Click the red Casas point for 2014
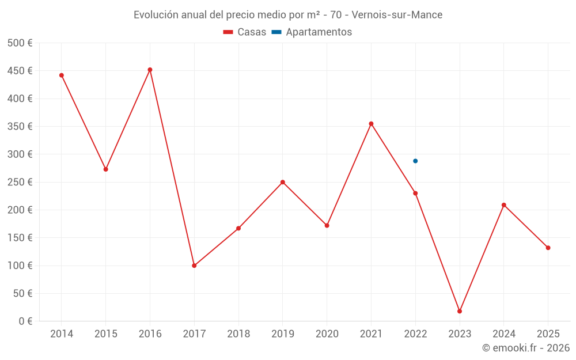tap(62, 75)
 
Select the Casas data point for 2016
tap(150, 70)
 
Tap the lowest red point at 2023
tap(460, 311)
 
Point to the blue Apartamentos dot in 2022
tap(415, 161)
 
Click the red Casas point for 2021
tap(371, 124)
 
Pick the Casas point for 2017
tap(194, 266)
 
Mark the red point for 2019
tap(283, 182)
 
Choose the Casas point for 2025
tap(548, 248)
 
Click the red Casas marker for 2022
tap(415, 193)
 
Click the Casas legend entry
tap(245, 32)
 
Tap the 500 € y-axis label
tap(20, 43)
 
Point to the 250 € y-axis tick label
tap(20, 182)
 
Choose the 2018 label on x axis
tap(238, 334)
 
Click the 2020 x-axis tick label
tap(327, 334)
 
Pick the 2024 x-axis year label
tap(504, 334)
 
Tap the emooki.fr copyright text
tap(525, 348)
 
